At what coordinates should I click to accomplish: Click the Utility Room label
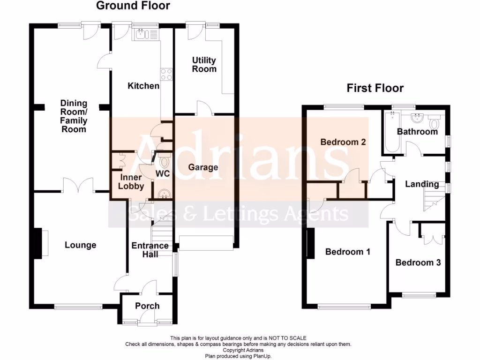coord(204,65)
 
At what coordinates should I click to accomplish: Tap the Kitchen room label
coord(144,86)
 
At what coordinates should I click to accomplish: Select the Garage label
coord(203,167)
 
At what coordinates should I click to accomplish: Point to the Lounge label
coord(80,245)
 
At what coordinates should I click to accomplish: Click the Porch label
coord(147,306)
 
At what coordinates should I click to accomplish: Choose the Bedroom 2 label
coord(343,142)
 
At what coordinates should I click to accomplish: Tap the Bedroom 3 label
coord(418,262)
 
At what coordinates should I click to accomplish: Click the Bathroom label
coord(417,132)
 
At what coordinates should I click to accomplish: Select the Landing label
coord(422,184)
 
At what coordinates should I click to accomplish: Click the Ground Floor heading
coord(133,6)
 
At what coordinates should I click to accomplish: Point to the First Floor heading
coord(375,88)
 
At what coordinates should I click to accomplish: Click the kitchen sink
coord(146,34)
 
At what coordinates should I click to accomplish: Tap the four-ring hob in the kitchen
coord(166,74)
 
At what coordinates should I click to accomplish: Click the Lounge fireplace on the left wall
coord(43,242)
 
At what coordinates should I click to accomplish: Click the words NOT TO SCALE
coord(286,338)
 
